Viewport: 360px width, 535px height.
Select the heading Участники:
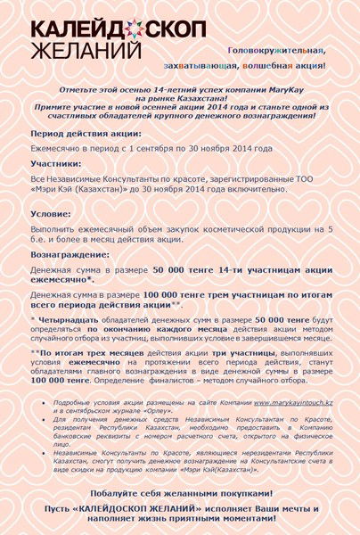point(61,164)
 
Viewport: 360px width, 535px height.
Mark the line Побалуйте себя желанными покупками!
point(179,493)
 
